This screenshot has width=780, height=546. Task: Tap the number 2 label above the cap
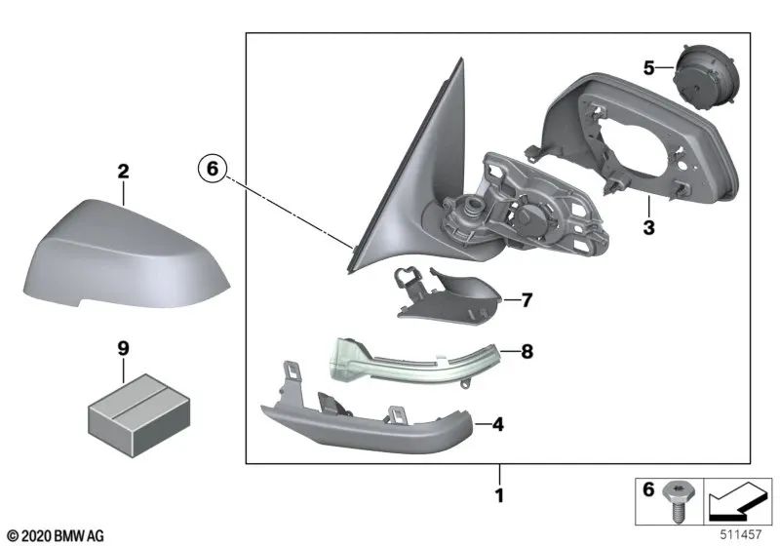[x=123, y=173]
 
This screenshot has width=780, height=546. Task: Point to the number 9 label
[x=123, y=346]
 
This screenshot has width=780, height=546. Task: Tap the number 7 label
[x=526, y=300]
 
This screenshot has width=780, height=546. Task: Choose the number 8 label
[x=526, y=352]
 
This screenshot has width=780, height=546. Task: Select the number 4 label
[x=498, y=425]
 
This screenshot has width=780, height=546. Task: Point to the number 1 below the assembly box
[x=499, y=495]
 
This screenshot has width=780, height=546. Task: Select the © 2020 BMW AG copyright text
[x=56, y=534]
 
